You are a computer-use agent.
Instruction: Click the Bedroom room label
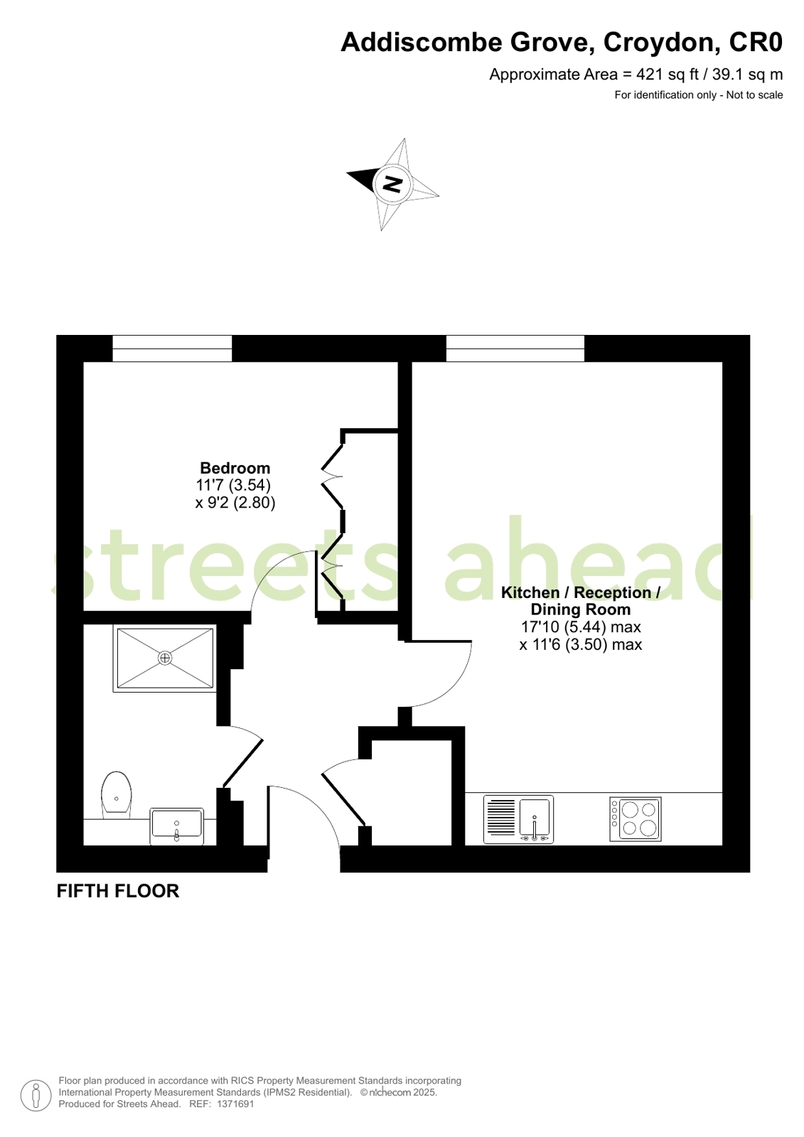click(x=235, y=468)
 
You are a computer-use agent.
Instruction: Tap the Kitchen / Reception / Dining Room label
click(x=580, y=601)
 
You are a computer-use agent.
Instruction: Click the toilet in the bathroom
click(x=117, y=794)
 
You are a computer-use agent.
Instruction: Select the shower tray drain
click(x=165, y=658)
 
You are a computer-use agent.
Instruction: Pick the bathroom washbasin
click(x=176, y=826)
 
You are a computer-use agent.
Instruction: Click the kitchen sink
click(x=535, y=818)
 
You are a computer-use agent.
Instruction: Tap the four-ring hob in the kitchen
click(x=636, y=818)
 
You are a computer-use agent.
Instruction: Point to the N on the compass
click(x=392, y=183)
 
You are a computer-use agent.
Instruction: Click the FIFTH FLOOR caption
click(x=118, y=891)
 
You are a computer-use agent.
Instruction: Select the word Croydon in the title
click(x=659, y=43)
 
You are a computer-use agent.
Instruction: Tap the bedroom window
click(x=172, y=348)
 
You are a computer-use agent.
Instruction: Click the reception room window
click(x=515, y=348)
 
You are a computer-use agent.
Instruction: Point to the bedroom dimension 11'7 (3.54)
click(x=233, y=485)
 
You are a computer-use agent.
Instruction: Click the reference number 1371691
click(x=235, y=1104)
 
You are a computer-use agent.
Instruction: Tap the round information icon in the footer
click(x=36, y=1095)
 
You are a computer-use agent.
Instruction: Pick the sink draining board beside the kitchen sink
click(x=501, y=818)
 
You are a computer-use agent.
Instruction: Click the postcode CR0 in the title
click(x=756, y=43)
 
